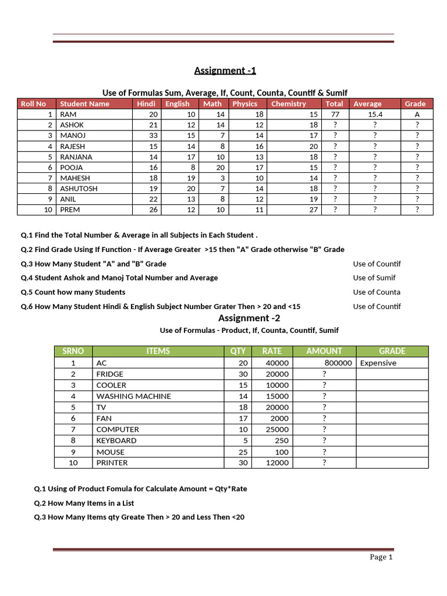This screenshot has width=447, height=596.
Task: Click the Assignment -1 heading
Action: (225, 71)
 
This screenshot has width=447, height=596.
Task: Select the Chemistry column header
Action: (288, 104)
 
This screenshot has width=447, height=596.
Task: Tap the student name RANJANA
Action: (76, 157)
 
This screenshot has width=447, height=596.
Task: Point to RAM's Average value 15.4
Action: (375, 115)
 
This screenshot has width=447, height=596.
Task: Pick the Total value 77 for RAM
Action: (335, 115)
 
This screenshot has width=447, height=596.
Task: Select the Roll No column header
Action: (33, 104)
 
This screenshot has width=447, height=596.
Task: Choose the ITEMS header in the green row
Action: (158, 351)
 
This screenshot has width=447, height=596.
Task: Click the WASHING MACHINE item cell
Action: (133, 396)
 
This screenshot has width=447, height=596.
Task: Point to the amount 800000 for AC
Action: (338, 363)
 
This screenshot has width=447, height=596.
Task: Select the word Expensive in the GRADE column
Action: (378, 363)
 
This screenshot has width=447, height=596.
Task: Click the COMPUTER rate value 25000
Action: (277, 430)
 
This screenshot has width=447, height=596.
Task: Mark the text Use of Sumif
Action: (374, 278)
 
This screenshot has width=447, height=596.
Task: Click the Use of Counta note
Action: (377, 292)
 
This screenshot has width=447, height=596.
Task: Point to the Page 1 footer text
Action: (381, 557)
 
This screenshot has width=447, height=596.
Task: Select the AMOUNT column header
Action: (324, 351)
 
